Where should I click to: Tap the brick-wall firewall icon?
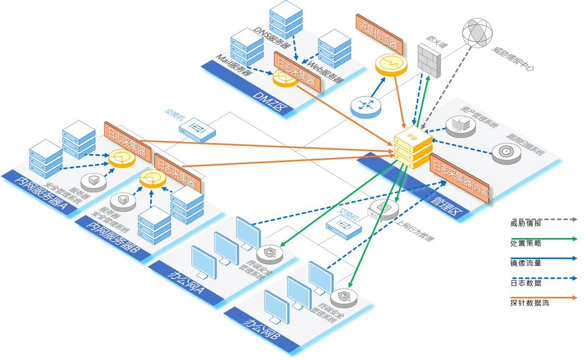[429, 59]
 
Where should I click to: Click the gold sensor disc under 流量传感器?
[391, 64]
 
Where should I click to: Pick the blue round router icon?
[366, 105]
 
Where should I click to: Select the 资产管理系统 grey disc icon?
[459, 124]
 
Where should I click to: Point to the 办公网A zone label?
[187, 276]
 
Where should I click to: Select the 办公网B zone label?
[262, 329]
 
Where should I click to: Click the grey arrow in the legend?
[544, 219]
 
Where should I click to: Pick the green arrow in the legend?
[544, 239]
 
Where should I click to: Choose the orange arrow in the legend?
[544, 297]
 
